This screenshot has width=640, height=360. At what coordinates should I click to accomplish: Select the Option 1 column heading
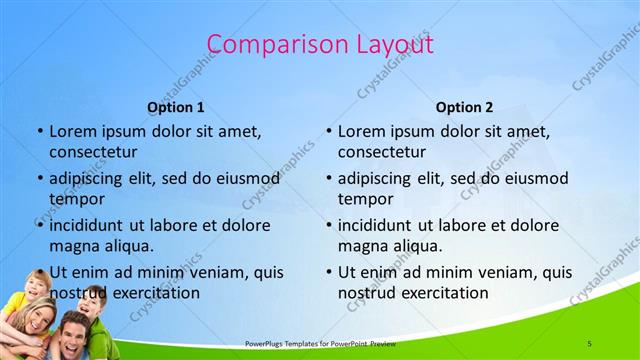point(176,107)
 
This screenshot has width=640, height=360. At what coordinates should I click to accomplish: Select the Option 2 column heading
point(464,107)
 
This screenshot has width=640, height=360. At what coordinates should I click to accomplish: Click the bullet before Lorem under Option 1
point(40,131)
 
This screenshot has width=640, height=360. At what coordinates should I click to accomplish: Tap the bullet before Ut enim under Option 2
point(329,271)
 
